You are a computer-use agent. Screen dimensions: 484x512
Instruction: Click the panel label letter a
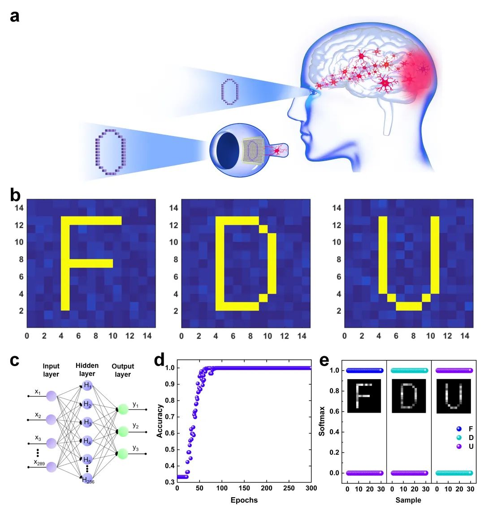(15, 16)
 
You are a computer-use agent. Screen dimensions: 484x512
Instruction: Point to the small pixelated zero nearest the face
(229, 91)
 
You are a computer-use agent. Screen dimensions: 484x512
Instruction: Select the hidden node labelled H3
(87, 422)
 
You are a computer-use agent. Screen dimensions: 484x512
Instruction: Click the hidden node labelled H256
(88, 479)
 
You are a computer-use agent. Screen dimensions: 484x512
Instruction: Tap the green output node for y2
(123, 431)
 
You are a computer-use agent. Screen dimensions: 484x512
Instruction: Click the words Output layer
(123, 370)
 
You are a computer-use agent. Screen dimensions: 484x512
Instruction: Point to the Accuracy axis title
(160, 421)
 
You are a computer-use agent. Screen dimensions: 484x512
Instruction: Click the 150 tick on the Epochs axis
(244, 488)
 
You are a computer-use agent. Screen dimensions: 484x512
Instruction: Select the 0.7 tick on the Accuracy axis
(169, 417)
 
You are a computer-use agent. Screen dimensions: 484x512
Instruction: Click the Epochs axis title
(244, 500)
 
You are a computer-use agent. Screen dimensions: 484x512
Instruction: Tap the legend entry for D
(465, 438)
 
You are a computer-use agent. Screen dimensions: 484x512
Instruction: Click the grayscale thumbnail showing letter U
(454, 396)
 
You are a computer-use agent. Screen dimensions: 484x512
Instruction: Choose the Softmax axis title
(322, 421)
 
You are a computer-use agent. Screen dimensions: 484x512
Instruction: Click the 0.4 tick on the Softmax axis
(334, 432)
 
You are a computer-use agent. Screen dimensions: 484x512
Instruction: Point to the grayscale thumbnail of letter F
(364, 396)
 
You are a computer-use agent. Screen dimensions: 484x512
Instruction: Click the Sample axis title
(408, 500)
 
